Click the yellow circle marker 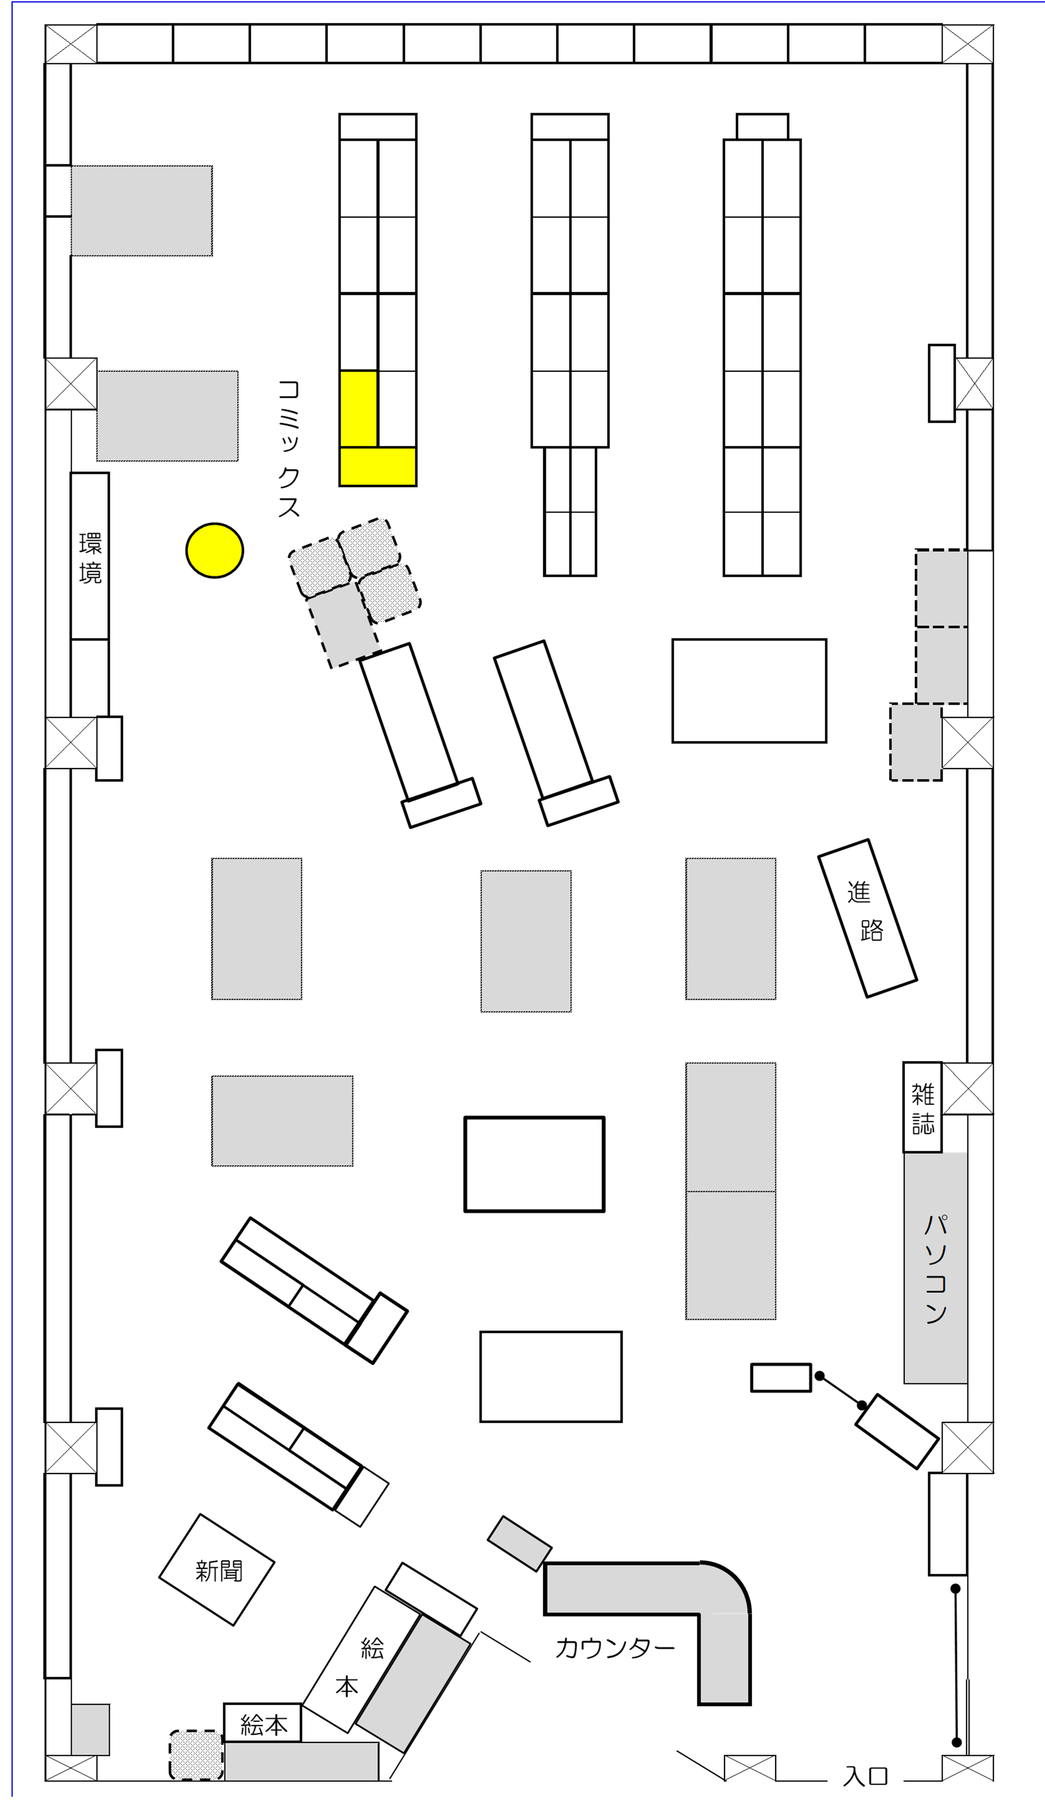click(x=215, y=550)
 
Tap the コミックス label click(x=289, y=449)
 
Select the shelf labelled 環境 click(x=90, y=556)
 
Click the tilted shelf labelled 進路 click(x=868, y=918)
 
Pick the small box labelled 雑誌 click(x=922, y=1107)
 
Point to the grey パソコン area click(x=935, y=1267)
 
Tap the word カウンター click(x=615, y=1647)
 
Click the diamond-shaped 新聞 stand click(x=217, y=1570)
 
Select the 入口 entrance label click(x=866, y=1776)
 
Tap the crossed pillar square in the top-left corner click(x=71, y=44)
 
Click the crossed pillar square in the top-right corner click(x=968, y=44)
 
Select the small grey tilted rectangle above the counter click(x=520, y=1543)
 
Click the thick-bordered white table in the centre click(x=535, y=1164)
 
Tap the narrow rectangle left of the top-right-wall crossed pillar click(x=942, y=383)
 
